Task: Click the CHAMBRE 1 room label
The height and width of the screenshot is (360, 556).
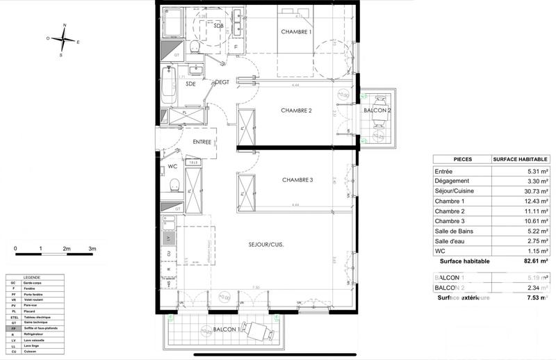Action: coord(297,33)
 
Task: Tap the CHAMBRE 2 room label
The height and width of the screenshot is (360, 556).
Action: coord(296,111)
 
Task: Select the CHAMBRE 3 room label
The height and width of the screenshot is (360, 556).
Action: coord(297,180)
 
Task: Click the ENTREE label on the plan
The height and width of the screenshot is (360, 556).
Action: coord(202,142)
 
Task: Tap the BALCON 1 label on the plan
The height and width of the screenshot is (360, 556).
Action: coord(227,329)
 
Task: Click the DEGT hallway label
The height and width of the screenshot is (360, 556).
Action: coord(222,82)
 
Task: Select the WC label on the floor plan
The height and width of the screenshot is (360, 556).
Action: coord(173,167)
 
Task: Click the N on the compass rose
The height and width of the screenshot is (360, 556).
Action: coord(64,26)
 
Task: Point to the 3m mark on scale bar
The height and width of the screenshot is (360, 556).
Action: coord(92,248)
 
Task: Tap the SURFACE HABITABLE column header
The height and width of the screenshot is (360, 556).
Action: coord(521,159)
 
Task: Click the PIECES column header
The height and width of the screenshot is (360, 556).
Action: coord(462,159)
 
